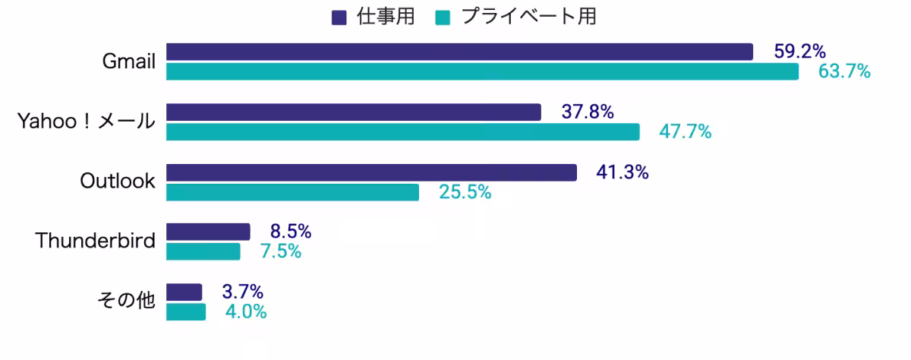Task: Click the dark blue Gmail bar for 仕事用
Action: coord(459,52)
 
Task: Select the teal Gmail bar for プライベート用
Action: coord(482,72)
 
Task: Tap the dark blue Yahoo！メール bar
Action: coord(353,112)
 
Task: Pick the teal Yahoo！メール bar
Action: coord(402,132)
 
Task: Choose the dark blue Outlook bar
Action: coord(371,172)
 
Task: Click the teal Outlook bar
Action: coord(292,192)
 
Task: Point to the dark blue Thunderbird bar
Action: coord(208,232)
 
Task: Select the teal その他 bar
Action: coord(186,312)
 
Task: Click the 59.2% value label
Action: coord(799,52)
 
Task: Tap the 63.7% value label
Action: coord(844,72)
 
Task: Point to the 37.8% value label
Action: coord(588,112)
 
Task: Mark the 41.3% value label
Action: coord(623,172)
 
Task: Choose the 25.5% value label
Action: coord(465,192)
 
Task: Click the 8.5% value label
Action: coord(291,232)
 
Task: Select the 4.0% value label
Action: coord(246,312)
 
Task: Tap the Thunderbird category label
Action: coord(95,242)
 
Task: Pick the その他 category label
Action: coord(126,301)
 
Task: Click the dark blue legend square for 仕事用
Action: coord(339,17)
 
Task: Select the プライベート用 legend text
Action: coord(528,17)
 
